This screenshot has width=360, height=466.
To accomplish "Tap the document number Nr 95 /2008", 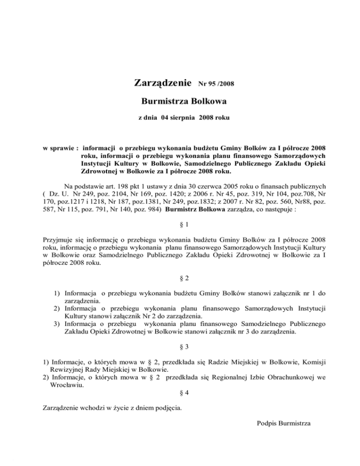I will pyautogui.click(x=217, y=85).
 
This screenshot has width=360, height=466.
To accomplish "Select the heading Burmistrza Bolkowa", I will pyautogui.click(x=180, y=101).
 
